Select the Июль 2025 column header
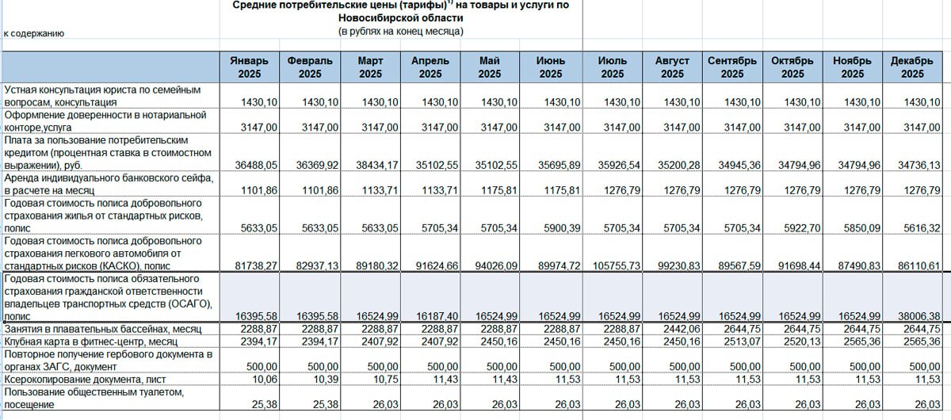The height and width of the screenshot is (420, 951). (x=612, y=67)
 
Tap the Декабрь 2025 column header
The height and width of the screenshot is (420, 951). (x=912, y=67)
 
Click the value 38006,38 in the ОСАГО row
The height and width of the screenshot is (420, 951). (x=916, y=315)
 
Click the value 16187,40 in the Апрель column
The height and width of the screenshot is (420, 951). (x=433, y=315)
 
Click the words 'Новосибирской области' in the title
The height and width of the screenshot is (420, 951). (x=400, y=17)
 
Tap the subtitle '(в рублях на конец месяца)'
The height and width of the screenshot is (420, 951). (x=400, y=31)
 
